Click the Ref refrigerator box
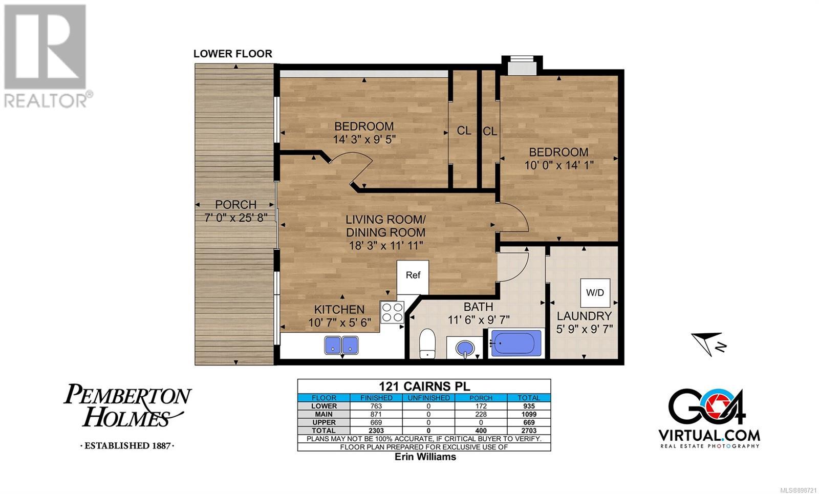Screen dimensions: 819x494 [x=413, y=277]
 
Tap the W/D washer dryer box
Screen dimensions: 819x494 [x=595, y=292]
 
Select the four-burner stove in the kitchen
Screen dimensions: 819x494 [x=392, y=312]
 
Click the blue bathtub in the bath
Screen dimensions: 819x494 [x=516, y=343]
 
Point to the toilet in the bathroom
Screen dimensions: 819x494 [x=427, y=343]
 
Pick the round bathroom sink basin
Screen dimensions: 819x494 [x=465, y=348]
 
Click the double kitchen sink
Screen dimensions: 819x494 [x=341, y=345]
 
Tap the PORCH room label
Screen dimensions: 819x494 [x=235, y=204]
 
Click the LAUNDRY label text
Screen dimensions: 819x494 [x=584, y=316]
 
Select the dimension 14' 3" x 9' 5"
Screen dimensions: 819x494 [x=364, y=139]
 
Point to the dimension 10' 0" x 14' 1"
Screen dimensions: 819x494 [x=558, y=165]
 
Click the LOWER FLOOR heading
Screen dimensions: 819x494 [x=233, y=54]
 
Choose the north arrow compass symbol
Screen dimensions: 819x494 [x=708, y=343]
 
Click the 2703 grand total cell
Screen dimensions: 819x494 [x=529, y=431]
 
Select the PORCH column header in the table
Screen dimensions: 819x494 [x=481, y=398]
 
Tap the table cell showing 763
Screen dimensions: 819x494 [x=376, y=406]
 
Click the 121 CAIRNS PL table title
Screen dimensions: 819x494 [x=424, y=386]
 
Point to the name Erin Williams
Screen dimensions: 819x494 [x=425, y=457]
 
